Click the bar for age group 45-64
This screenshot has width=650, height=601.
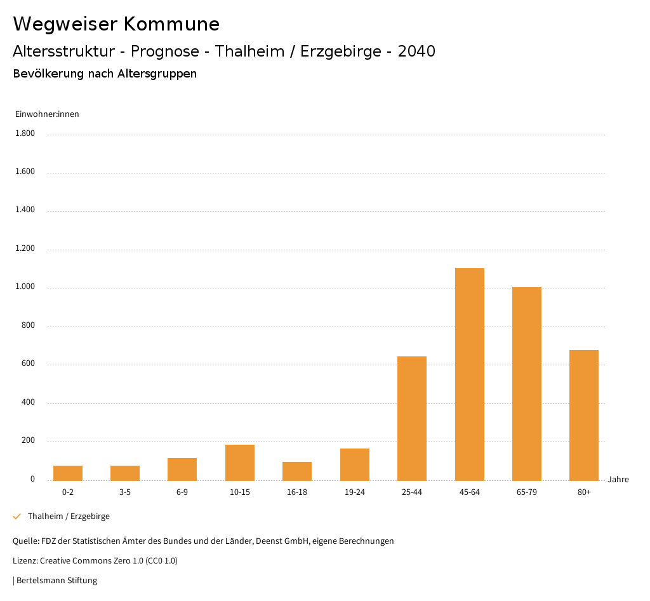469,374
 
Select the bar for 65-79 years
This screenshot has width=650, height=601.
526,384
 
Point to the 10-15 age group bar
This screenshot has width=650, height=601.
240,463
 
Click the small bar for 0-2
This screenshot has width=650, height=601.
68,473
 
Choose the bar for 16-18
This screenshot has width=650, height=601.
297,471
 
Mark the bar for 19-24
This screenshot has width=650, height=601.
354,464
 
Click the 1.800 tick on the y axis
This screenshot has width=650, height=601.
25,133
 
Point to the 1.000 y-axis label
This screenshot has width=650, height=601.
25,287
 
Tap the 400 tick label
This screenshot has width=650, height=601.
28,402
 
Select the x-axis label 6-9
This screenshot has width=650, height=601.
182,492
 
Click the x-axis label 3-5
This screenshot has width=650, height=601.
125,492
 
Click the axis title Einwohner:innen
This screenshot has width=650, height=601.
47,114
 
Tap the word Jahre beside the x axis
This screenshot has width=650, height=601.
618,479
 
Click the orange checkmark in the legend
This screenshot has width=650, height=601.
17,517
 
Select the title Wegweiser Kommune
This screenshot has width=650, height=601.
116,24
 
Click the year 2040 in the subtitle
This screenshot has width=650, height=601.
416,51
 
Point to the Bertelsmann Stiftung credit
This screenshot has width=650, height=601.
56,580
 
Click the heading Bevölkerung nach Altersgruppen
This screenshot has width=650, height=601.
105,74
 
